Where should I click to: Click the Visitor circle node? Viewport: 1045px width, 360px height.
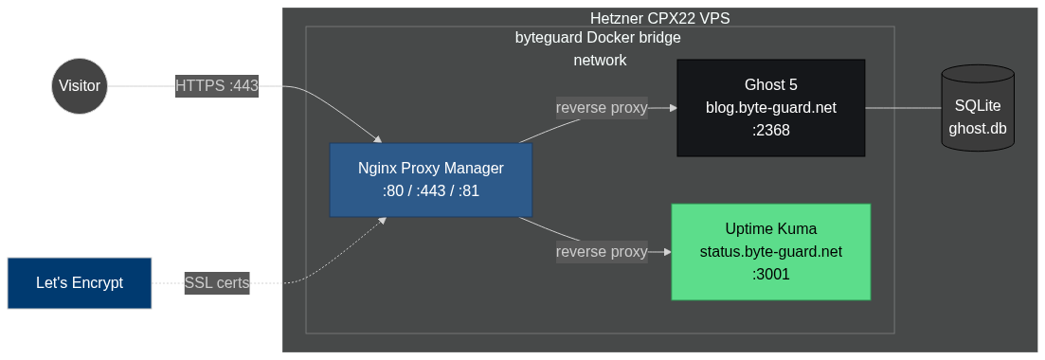coord(80,86)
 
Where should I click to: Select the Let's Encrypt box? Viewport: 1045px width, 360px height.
coord(80,283)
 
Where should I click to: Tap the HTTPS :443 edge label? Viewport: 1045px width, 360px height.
coord(217,86)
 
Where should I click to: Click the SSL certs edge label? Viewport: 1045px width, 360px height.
coord(217,283)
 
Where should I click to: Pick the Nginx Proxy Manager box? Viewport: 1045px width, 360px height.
coord(431,180)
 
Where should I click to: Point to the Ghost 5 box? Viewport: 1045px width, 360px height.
coord(770,108)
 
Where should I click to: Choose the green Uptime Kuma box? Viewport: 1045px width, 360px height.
coord(770,252)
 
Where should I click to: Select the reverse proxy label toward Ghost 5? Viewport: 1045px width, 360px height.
coord(602,108)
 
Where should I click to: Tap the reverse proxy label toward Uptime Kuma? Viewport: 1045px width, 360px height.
coord(602,252)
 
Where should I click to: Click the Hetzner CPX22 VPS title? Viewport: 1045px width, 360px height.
coord(659,18)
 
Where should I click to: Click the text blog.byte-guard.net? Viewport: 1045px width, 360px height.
coord(770,108)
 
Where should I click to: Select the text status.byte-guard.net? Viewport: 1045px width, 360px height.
coord(770,252)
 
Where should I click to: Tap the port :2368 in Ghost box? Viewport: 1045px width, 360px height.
coord(770,131)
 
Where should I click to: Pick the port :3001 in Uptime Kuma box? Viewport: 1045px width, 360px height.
coord(770,275)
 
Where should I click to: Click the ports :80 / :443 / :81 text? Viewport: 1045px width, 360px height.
coord(431,191)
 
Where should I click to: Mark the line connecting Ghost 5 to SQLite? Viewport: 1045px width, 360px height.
coord(902,108)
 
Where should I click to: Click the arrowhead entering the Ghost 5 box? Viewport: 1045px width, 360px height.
coord(673,108)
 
